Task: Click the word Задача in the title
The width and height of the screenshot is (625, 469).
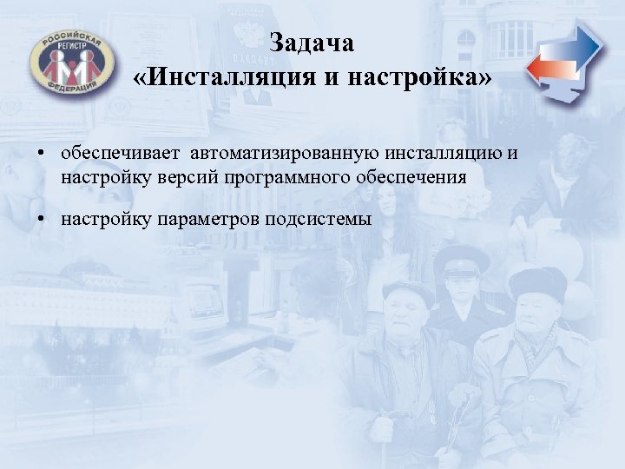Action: (x=312, y=43)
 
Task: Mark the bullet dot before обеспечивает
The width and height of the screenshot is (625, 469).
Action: (x=42, y=155)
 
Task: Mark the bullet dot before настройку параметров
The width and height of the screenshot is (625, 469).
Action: (x=42, y=219)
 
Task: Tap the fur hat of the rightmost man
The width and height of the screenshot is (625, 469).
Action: (x=537, y=282)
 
